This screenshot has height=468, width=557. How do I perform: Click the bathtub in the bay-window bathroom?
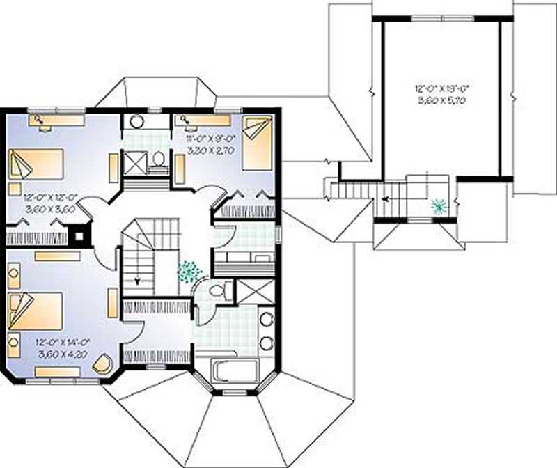coord(234,370)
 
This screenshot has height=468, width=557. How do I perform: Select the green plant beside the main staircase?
coord(189,271)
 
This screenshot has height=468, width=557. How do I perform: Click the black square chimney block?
coord(80,235)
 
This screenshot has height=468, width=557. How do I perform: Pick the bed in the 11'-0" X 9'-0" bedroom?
coord(258,143)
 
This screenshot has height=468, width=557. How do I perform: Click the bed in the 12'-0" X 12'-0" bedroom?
coord(36,164)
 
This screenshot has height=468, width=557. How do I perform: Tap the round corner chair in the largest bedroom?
coord(103,364)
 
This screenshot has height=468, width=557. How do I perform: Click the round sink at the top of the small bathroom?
coord(137,121)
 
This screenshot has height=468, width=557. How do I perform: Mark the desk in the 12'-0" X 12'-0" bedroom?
coord(56,120)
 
